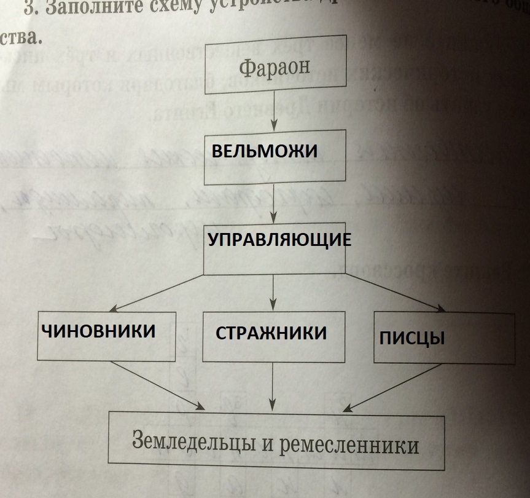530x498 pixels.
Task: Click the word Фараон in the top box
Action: click(x=274, y=67)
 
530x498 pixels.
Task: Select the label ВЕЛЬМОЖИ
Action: click(x=265, y=151)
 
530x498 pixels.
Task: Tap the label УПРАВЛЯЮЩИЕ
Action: click(x=279, y=239)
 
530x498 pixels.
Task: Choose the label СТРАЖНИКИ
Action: click(x=271, y=333)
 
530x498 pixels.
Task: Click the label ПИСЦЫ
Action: click(x=411, y=339)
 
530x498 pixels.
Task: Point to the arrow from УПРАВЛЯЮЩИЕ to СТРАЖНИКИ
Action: click(x=274, y=293)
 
